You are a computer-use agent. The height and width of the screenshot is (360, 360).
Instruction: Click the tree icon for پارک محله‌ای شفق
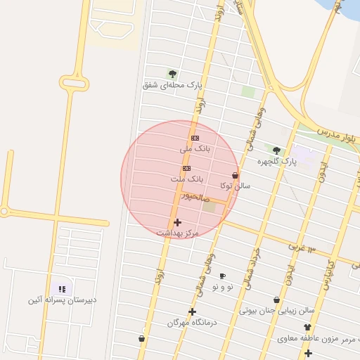[172, 73]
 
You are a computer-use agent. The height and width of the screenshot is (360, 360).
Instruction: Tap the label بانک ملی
[195, 148]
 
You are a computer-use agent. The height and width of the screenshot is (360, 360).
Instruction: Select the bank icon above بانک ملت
[186, 168]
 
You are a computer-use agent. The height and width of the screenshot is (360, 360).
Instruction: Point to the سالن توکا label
[235, 186]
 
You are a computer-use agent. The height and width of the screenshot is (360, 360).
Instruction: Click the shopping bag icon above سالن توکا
[235, 175]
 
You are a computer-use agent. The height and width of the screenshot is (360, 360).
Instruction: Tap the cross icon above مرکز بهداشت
[177, 222]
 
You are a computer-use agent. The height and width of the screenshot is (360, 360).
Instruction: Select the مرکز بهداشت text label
[177, 232]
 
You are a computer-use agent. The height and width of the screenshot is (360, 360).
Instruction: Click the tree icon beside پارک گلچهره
[276, 150]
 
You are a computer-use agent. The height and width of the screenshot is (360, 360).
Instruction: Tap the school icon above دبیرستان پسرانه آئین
[62, 288]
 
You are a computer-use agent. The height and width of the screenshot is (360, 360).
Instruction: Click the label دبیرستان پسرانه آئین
[62, 300]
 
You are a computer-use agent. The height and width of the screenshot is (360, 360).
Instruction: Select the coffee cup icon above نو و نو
[223, 276]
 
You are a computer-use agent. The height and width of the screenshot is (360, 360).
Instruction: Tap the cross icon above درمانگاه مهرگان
[191, 311]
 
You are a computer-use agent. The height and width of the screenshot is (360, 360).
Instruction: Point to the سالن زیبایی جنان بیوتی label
[277, 310]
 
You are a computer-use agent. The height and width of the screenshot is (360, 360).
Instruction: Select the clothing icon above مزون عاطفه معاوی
[307, 327]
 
